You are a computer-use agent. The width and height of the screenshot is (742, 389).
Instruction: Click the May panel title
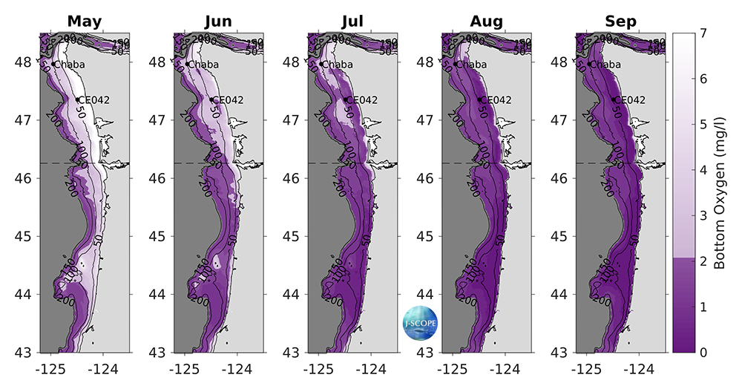coord(85,21)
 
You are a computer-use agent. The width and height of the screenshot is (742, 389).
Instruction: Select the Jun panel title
coord(217,21)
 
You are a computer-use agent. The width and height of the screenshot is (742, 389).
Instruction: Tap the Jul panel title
coord(352,21)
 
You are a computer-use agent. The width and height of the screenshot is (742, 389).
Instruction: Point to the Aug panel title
coord(486,21)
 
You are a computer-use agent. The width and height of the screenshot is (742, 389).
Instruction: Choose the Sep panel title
coord(620,21)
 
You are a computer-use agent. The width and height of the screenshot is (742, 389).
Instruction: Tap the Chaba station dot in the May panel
coord(55,64)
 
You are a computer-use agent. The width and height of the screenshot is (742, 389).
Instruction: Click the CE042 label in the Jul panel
coord(363,100)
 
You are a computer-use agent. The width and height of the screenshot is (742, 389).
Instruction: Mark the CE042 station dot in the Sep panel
coord(614,99)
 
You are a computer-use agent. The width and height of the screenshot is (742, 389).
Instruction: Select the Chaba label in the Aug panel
coord(471,65)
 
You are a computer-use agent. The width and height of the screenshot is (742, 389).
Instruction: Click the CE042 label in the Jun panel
coord(229,100)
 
